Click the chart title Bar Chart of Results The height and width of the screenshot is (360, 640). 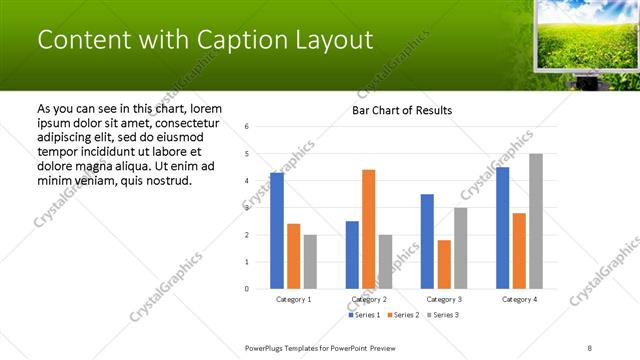(x=401, y=110)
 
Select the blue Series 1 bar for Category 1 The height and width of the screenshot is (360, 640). (x=277, y=230)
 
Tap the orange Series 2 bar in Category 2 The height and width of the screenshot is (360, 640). (x=368, y=229)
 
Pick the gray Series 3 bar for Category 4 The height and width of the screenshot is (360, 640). (x=536, y=221)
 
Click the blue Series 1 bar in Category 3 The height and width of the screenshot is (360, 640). (x=427, y=241)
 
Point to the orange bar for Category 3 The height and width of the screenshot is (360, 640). (x=444, y=264)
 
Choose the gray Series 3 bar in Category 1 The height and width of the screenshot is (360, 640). (x=310, y=262)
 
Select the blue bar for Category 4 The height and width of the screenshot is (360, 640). (x=502, y=228)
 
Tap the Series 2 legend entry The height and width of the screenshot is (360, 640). (x=402, y=316)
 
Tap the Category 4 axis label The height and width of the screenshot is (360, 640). (x=519, y=299)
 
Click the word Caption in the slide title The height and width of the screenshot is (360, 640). (x=239, y=40)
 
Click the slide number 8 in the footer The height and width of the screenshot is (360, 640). (x=590, y=347)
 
